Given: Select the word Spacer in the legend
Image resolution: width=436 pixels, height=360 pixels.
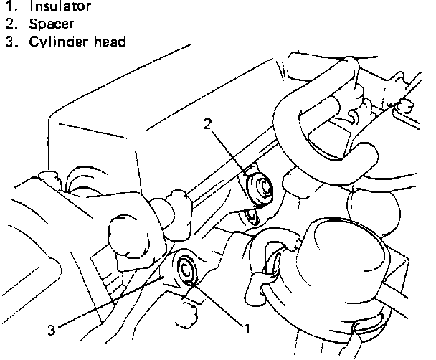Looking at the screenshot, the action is [x=52, y=24].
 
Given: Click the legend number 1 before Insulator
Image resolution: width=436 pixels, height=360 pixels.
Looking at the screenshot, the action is [x=9, y=6].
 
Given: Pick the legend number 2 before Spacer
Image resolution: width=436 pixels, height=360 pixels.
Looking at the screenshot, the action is [x=9, y=24].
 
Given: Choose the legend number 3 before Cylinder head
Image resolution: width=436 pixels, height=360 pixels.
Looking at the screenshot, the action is [x=9, y=41].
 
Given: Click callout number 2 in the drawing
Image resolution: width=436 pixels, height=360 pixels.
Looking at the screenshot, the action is [x=208, y=124].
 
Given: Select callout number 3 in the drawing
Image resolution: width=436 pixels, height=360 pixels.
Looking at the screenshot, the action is [x=52, y=331].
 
